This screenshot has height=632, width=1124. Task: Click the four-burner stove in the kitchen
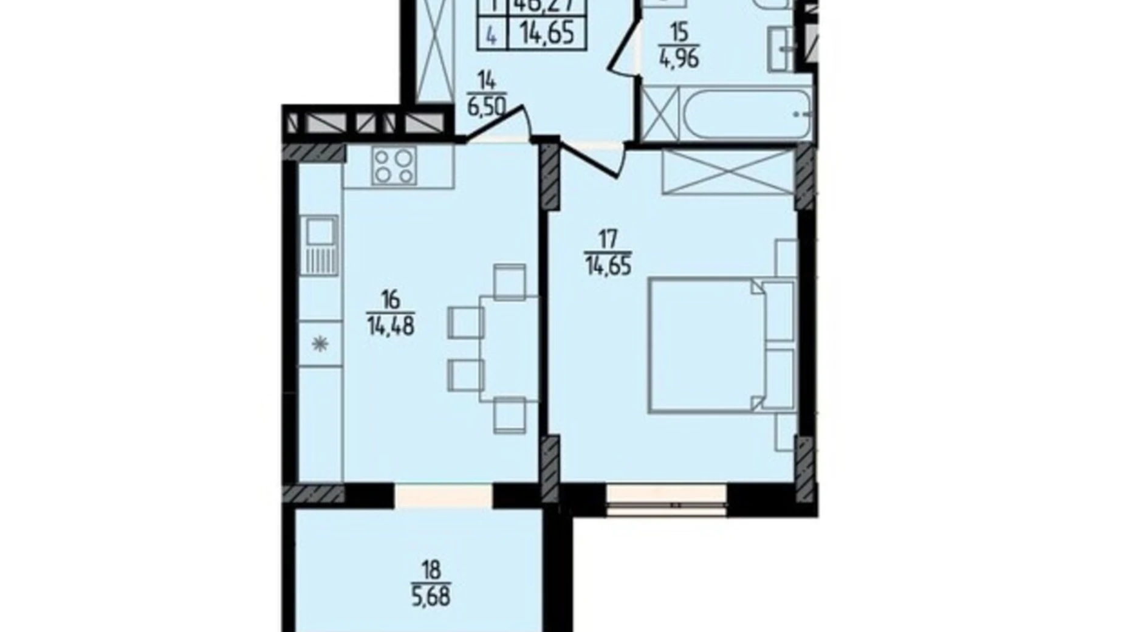click(395, 166)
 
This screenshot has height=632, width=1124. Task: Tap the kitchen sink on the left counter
click(318, 244)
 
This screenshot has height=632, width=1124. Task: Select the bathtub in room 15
click(747, 114)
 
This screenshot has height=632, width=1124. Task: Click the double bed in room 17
click(705, 345)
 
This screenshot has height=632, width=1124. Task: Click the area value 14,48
click(390, 327)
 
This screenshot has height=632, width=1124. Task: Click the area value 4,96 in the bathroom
click(679, 60)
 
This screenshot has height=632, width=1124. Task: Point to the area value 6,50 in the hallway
click(486, 108)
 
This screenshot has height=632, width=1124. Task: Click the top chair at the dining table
click(510, 281)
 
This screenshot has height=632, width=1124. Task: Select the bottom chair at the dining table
click(510, 414)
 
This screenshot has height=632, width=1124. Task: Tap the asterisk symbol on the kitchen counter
click(320, 345)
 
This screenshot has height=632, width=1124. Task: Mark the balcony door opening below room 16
click(444, 495)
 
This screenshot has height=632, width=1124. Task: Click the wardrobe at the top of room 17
click(728, 172)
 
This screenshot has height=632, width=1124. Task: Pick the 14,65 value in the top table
click(546, 33)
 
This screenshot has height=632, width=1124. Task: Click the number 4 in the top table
click(492, 35)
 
